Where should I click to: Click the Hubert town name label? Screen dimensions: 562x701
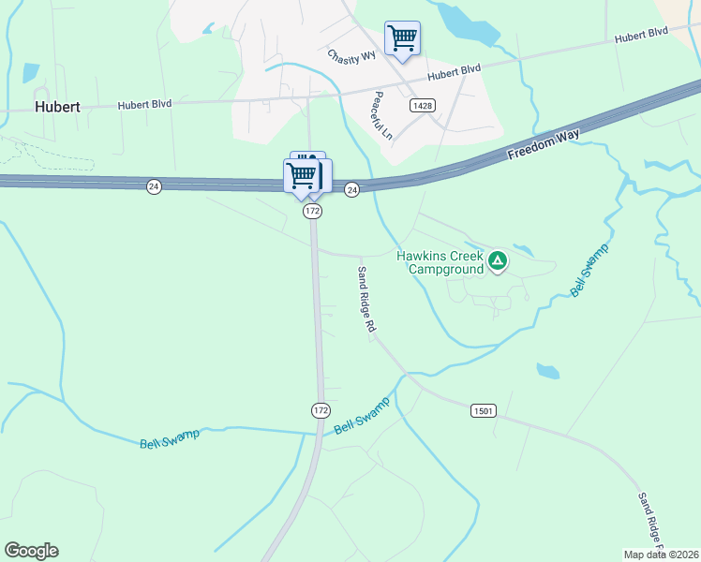click(57, 107)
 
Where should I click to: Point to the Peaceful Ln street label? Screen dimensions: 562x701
click(381, 116)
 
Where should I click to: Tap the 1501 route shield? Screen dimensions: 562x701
click(483, 411)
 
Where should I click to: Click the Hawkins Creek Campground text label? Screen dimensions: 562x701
click(439, 262)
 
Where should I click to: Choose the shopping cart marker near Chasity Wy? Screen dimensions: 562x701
click(402, 39)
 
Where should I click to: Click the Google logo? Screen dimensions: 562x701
click(31, 551)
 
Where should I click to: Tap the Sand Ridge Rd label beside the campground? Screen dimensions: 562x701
click(365, 300)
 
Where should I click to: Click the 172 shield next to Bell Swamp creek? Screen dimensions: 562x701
click(321, 411)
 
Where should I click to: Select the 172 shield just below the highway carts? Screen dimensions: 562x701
click(313, 213)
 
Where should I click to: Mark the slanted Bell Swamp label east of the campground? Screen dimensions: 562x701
click(590, 270)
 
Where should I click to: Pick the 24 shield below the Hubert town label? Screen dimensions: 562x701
click(154, 187)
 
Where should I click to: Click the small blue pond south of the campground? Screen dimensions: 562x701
click(548, 371)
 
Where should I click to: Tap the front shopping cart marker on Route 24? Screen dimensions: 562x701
click(302, 176)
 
